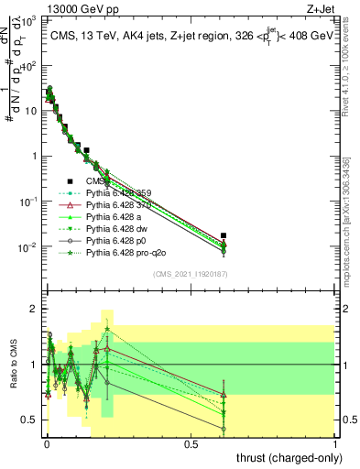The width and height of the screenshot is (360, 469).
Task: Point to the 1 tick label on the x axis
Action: coord(335,444)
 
